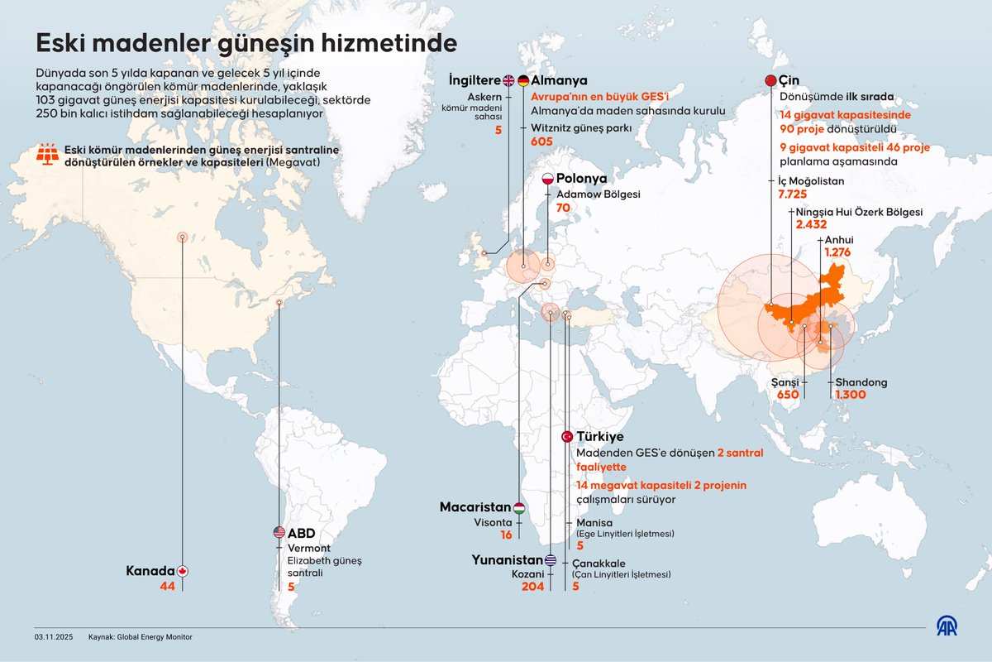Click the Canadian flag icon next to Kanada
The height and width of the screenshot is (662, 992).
[183, 571]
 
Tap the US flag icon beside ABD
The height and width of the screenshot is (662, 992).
[279, 533]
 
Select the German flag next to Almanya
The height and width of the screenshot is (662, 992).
[522, 80]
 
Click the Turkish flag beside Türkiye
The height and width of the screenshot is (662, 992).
[567, 436]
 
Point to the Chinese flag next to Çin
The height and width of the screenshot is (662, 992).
[770, 80]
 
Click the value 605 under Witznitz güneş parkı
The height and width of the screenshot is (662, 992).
[541, 142]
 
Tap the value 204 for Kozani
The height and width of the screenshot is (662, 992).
[533, 586]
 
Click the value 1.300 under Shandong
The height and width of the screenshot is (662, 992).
[851, 396]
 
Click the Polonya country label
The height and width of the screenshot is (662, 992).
[582, 179]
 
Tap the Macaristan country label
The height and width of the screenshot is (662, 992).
[475, 507]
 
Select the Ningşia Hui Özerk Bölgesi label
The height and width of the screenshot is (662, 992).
[859, 212]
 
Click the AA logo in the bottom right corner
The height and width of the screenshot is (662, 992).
[946, 626]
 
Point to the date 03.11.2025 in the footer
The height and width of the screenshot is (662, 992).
[54, 637]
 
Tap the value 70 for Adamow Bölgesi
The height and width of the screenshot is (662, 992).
[563, 209]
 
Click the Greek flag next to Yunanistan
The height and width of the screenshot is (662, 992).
[551, 559]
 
